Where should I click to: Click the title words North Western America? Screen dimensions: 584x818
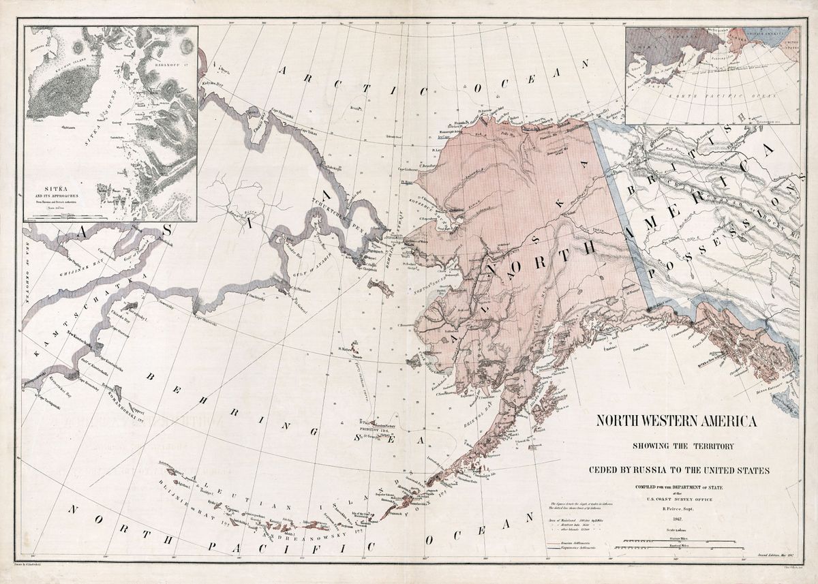[x=676, y=421]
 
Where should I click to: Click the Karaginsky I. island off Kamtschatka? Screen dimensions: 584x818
[x=129, y=307]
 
